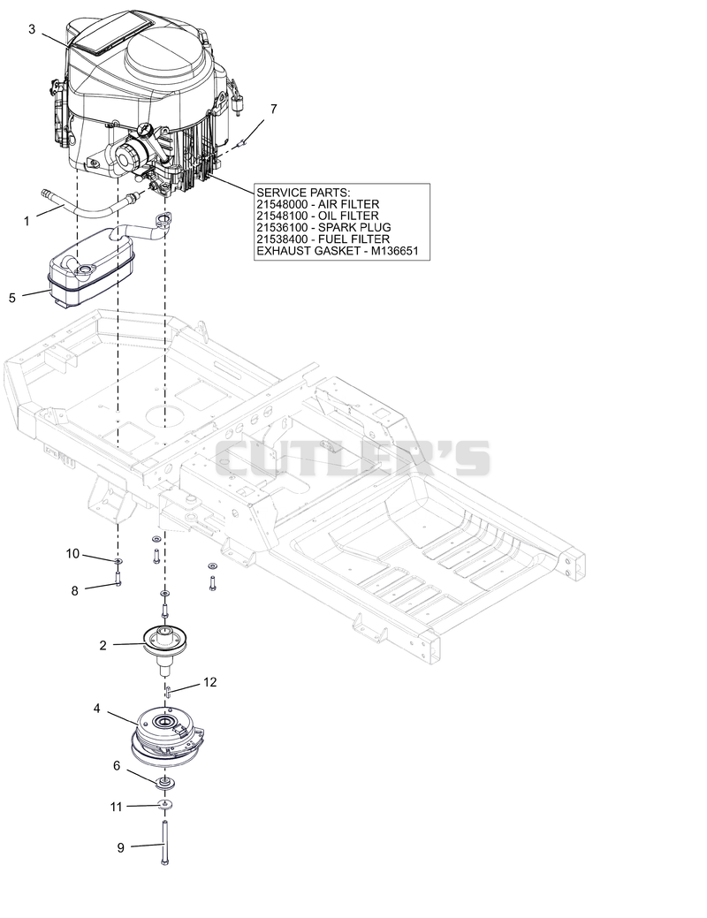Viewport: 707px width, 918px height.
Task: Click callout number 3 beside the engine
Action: tap(32, 29)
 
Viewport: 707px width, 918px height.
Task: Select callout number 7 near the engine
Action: tap(274, 109)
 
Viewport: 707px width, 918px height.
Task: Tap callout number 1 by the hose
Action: tap(27, 221)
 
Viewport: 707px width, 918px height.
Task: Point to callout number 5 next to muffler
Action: tap(12, 298)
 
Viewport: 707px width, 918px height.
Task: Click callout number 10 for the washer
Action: tap(72, 553)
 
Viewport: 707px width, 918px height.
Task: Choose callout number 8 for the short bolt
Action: tap(74, 591)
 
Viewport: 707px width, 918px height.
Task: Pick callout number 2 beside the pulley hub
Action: tap(103, 645)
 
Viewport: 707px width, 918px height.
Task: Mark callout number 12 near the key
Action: tap(209, 682)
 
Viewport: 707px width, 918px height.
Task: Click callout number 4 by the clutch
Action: tap(96, 709)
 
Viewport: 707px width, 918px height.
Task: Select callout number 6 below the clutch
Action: tap(117, 766)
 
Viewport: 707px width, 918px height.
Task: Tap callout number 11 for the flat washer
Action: tap(116, 807)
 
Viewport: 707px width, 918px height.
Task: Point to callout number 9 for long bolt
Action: tap(121, 847)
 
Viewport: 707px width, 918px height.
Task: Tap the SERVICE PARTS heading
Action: tap(303, 193)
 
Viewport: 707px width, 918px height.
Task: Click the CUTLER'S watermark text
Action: tap(353, 459)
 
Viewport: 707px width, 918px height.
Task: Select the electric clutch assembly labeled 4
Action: tap(168, 737)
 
